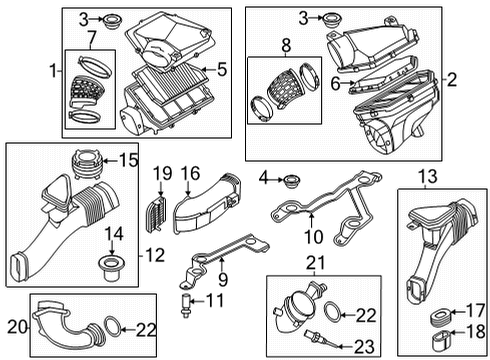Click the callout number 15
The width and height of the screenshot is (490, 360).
(127, 160)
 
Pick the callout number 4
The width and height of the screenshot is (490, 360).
(264, 180)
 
